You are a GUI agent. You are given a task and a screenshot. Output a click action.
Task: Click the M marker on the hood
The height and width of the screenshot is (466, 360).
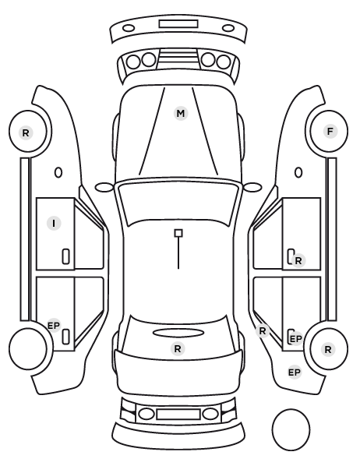coord(181,113)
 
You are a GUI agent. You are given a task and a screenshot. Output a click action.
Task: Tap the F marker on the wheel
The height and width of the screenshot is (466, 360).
coord(330,132)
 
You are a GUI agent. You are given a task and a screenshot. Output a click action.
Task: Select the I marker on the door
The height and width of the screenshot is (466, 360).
coord(54,223)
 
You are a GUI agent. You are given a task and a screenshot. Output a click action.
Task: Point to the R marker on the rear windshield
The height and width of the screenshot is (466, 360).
coord(178,348)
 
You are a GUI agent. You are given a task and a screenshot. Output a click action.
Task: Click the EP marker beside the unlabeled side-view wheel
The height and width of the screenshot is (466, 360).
coord(54,326)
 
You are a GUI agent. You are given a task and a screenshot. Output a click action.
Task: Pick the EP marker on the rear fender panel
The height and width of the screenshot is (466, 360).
coord(295,372)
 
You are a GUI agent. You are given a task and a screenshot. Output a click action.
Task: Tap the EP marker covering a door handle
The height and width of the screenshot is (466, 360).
coord(295,339)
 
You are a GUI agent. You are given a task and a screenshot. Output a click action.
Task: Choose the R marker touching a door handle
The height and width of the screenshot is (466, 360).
coord(298,260)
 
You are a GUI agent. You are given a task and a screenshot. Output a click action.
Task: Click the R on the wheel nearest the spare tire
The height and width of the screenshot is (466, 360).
coord(328,349)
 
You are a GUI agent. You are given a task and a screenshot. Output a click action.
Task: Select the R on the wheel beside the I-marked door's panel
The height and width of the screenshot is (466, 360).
coord(26,132)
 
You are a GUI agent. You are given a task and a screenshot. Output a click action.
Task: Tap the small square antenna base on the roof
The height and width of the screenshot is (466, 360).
coord(178,233)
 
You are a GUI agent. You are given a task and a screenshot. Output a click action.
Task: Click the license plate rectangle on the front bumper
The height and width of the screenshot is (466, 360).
coord(178,23)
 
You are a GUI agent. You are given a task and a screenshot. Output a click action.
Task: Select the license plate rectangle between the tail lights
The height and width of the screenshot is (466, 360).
coord(178,414)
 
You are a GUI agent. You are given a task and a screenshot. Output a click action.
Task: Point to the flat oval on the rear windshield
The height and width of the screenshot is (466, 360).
coord(178,333)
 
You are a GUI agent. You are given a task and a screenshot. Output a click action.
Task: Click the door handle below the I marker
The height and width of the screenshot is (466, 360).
coord(66,256)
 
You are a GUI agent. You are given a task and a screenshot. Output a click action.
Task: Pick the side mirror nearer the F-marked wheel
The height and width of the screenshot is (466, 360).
coord(252,187)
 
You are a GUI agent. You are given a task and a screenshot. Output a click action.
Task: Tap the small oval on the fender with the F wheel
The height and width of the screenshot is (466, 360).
coord(298,172)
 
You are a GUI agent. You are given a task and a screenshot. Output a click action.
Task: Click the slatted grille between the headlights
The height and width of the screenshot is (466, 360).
coord(178,58)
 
